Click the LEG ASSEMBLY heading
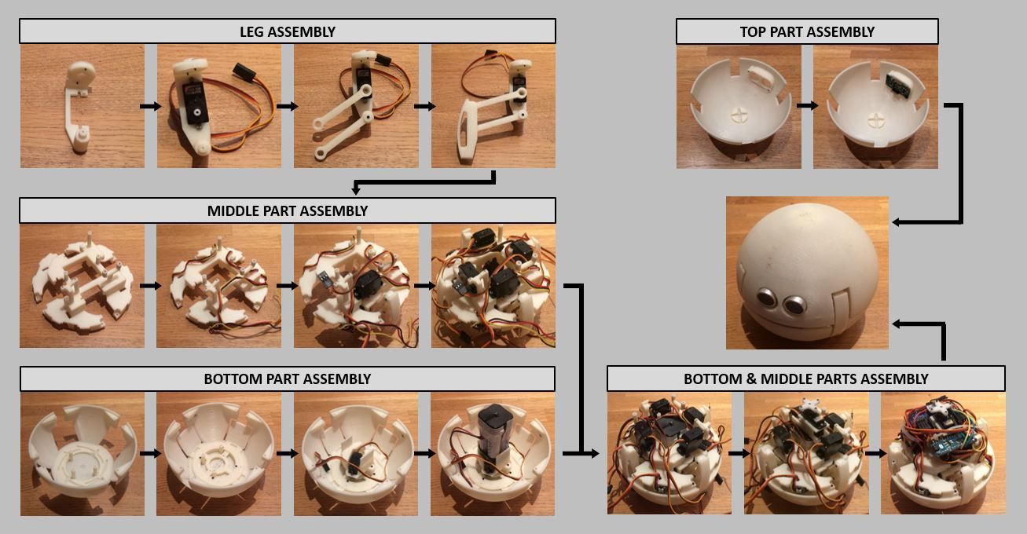[x=287, y=31]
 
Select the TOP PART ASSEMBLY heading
[x=806, y=31]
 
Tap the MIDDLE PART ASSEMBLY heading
[x=287, y=210]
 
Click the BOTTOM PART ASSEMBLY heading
[x=287, y=379]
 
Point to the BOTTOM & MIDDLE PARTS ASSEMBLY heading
[x=805, y=379]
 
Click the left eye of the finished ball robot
[x=766, y=298]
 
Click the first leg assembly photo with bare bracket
[x=82, y=106]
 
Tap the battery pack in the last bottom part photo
[x=493, y=428]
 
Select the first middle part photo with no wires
[x=82, y=286]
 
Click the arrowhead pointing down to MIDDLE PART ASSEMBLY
[x=356, y=191]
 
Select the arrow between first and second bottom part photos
[x=150, y=453]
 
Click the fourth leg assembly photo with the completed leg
[x=493, y=106]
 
